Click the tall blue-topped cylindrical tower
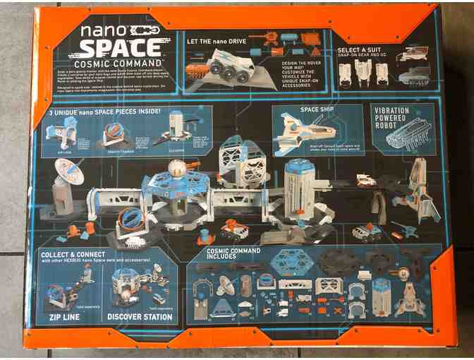pos(300,191)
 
